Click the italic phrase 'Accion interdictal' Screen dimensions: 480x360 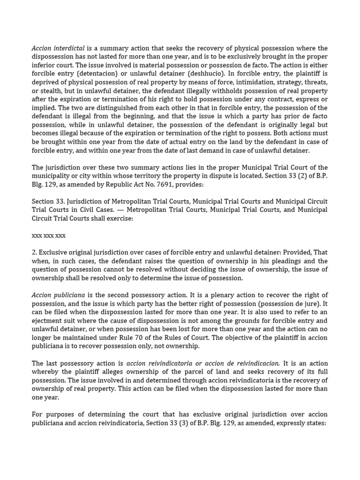(x=58, y=48)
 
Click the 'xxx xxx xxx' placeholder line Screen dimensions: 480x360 (x=49, y=235)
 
